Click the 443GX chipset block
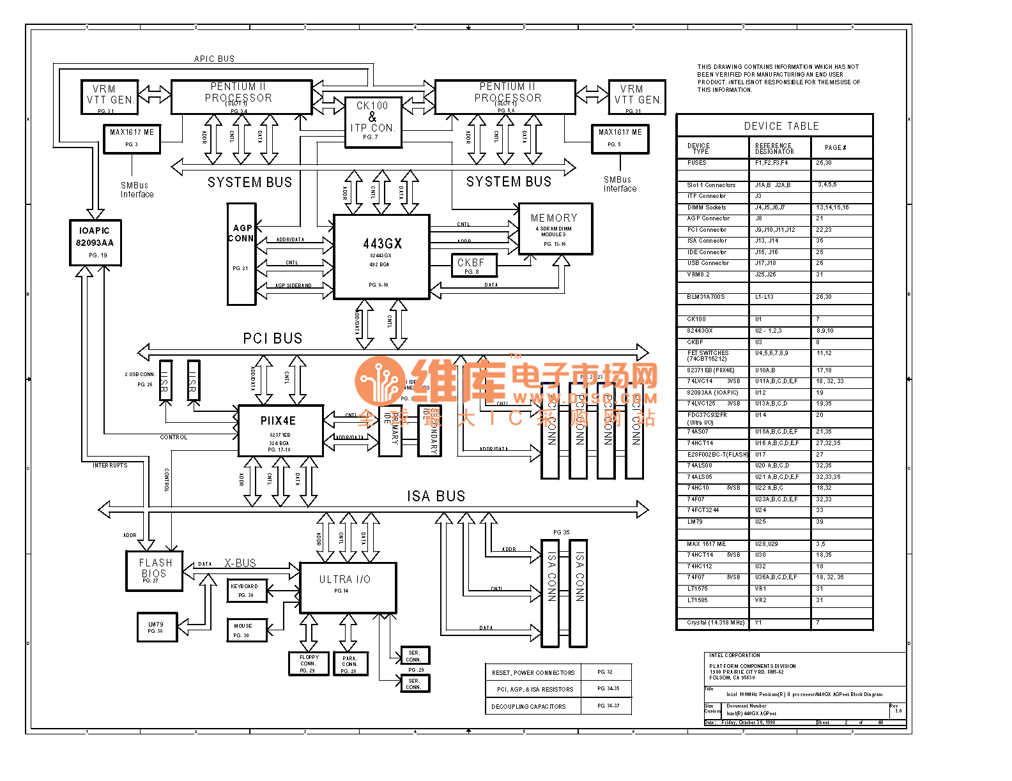pos(381,257)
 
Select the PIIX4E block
pos(280,430)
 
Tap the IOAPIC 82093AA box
pos(95,242)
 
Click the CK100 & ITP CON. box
pos(373,122)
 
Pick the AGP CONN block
pos(241,254)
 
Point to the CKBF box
pos(471,266)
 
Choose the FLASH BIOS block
pos(155,570)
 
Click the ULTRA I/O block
pos(348,587)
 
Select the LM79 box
pos(156,626)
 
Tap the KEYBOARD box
pos(247,590)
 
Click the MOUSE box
pos(246,630)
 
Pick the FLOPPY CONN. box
pos(309,663)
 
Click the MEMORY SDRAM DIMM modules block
pos(555,228)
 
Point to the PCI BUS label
pos(273,338)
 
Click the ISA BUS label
pos(436,496)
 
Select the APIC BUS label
pos(215,59)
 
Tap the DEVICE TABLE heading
pos(781,126)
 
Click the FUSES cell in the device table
pos(697,163)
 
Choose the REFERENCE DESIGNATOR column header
pos(774,148)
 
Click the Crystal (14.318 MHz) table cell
pos(715,623)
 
